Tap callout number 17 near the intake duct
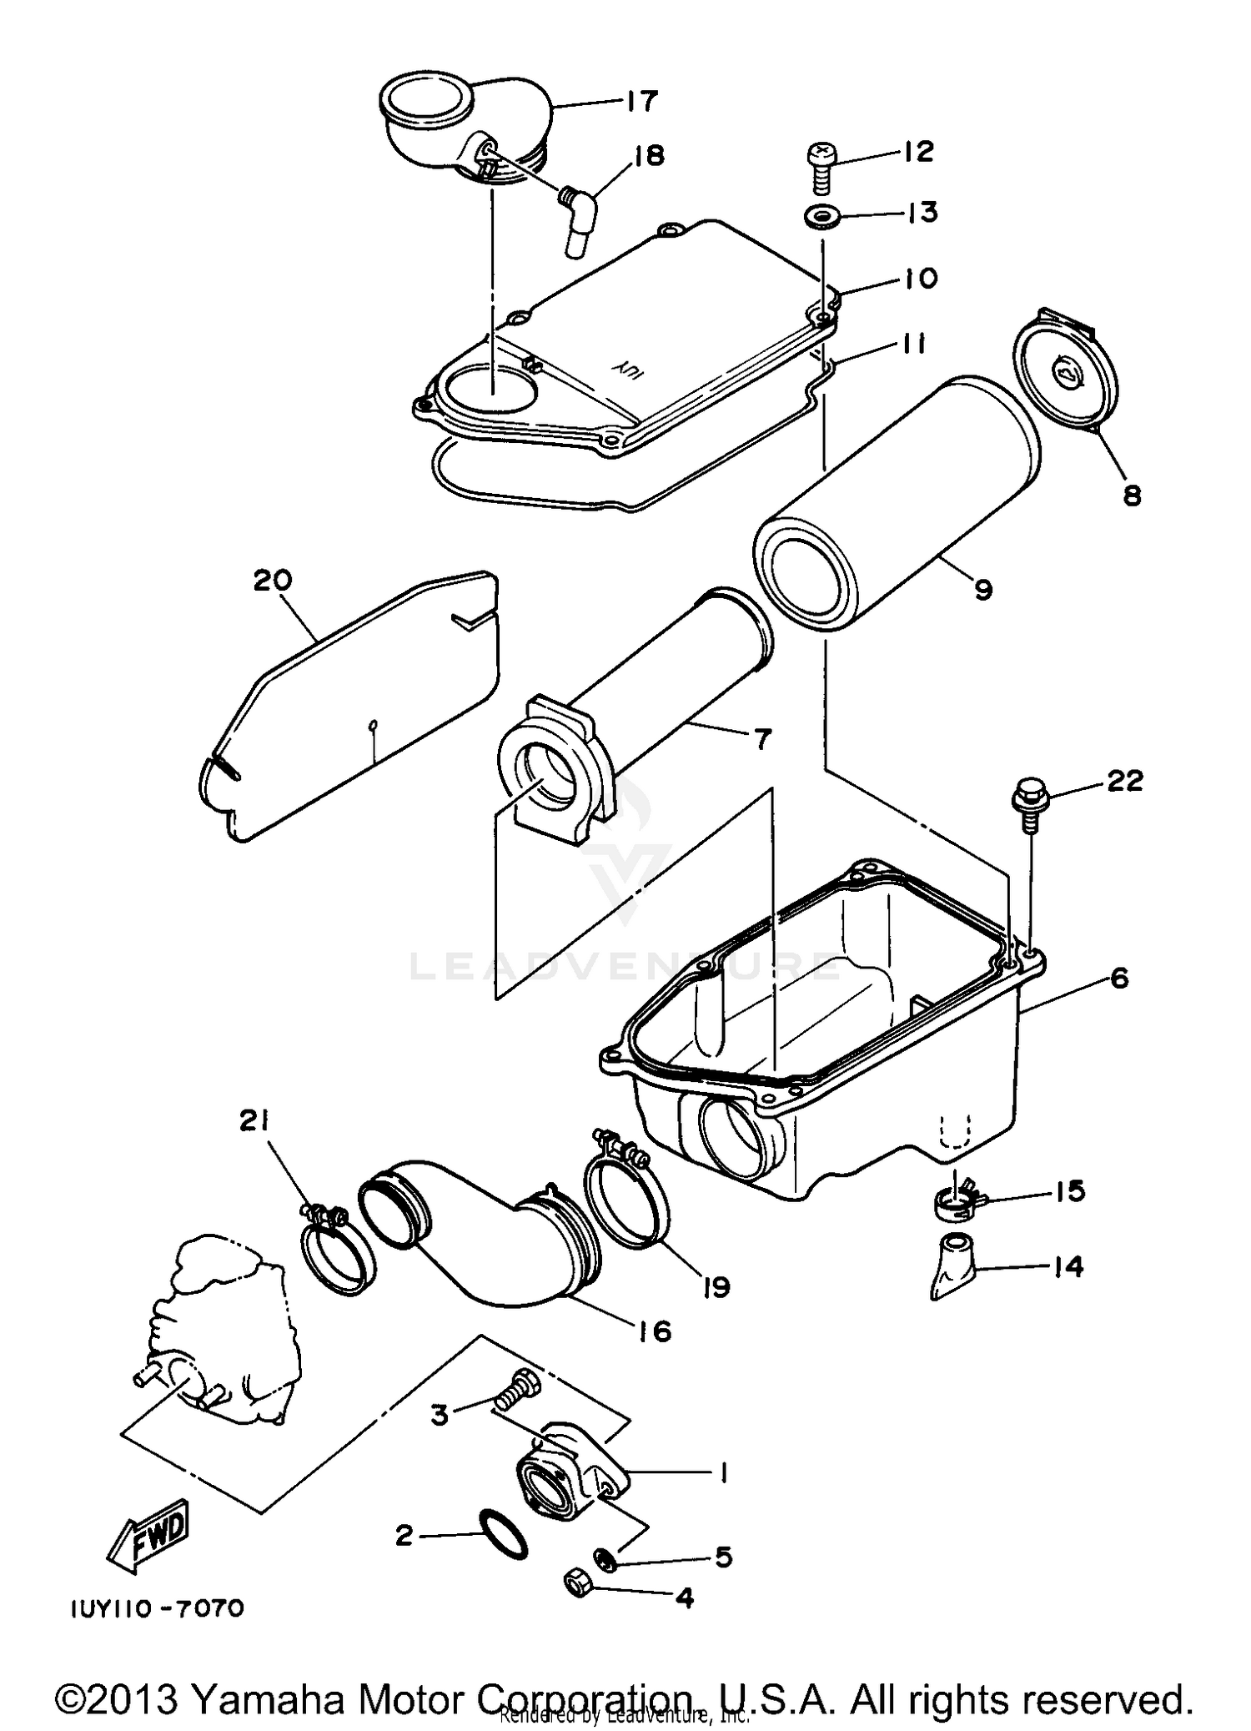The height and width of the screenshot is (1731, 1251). point(641,101)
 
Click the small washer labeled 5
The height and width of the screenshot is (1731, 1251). point(606,1557)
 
